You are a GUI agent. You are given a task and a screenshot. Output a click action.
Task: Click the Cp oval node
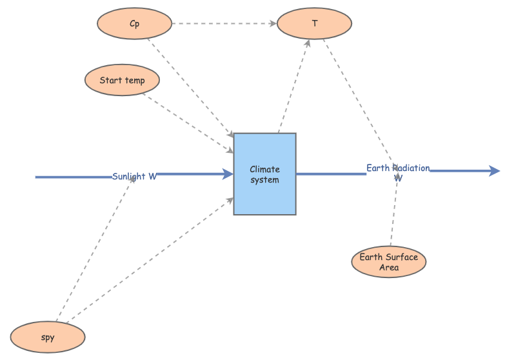tap(134, 24)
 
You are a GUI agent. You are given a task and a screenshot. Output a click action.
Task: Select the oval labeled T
tap(314, 24)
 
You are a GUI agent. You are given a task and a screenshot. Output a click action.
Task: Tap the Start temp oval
tap(122, 81)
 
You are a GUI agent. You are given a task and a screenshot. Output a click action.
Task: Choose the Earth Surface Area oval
tap(388, 262)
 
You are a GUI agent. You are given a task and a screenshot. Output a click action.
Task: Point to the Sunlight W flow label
tap(134, 176)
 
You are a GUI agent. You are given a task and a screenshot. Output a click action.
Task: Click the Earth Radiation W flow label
tap(398, 172)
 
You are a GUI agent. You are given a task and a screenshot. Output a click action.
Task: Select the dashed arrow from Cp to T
tap(223, 24)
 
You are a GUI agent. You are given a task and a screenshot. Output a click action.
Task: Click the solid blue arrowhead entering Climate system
tap(228, 174)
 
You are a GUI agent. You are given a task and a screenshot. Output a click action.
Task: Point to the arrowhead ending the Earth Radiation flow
tap(495, 170)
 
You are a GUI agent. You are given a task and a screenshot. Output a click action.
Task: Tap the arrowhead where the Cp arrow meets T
tap(273, 24)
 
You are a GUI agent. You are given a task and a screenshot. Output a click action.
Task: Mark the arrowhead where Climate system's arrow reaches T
tap(308, 43)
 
